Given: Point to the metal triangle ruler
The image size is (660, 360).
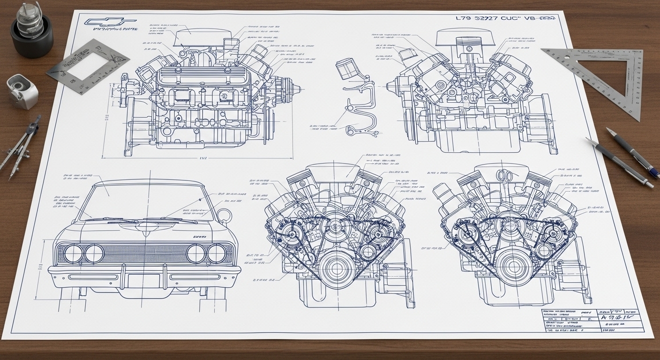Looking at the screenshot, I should click(605, 75).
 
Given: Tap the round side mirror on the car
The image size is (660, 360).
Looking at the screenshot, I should click(225, 216).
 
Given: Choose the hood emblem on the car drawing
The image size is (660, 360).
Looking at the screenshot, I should click(145, 226).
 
